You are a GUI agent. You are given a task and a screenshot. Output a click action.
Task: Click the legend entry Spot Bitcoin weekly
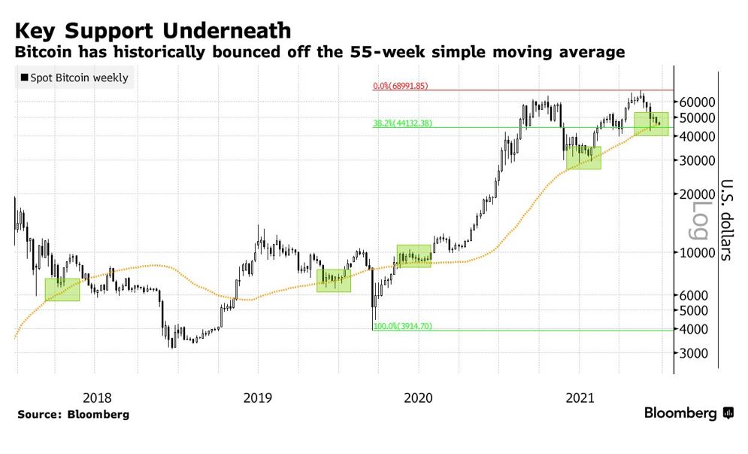74,78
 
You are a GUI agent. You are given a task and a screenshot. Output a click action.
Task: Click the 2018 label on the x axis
95,397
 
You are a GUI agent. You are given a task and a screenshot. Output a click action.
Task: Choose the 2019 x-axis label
258,397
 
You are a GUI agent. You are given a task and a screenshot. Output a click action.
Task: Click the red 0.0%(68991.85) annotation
401,86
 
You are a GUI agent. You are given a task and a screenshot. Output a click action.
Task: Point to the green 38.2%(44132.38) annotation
403,123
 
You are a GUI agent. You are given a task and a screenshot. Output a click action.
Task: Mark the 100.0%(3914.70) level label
403,326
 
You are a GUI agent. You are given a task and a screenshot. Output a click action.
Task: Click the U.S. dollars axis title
726,218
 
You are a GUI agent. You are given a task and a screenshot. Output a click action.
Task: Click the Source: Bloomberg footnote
73,414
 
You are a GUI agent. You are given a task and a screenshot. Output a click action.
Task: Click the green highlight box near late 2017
62,290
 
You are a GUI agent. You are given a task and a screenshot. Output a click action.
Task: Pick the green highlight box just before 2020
413,256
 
